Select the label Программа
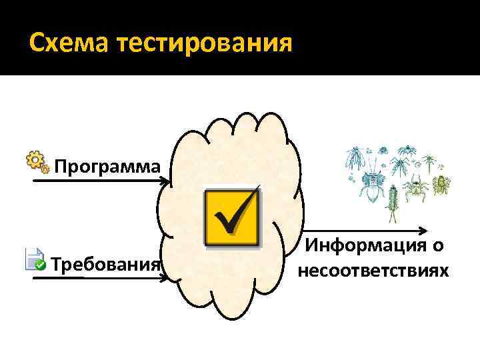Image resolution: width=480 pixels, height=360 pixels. [x=107, y=165]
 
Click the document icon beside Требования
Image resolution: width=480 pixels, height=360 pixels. [x=34, y=259]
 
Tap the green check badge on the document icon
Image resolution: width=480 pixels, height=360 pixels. [x=41, y=265]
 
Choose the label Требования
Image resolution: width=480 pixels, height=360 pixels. [x=106, y=265]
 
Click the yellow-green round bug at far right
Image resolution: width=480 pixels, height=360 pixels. [x=441, y=185]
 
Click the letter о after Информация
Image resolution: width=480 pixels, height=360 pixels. [x=437, y=247]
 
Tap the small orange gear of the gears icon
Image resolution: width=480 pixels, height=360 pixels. [x=45, y=169]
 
